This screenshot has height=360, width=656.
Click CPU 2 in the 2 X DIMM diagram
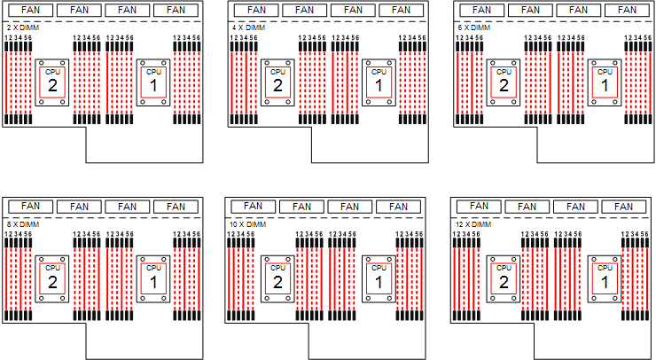52,82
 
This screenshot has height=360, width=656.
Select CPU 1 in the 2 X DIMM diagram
153,82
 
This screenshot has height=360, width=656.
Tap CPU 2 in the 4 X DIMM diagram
277,82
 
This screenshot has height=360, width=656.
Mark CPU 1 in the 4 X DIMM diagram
379,82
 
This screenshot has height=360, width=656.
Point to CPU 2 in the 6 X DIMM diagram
504,82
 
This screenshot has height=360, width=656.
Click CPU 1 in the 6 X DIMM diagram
605,82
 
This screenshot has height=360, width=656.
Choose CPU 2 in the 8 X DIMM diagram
52,278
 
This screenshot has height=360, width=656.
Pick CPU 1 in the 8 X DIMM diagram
153,278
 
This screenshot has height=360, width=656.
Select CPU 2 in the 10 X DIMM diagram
277,278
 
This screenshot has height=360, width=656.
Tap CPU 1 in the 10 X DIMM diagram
379,278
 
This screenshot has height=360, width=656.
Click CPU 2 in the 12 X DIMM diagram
504,278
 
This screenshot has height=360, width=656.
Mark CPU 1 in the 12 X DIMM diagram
605,278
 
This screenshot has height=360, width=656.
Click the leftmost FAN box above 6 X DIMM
482,11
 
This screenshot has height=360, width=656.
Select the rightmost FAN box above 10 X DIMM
398,207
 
